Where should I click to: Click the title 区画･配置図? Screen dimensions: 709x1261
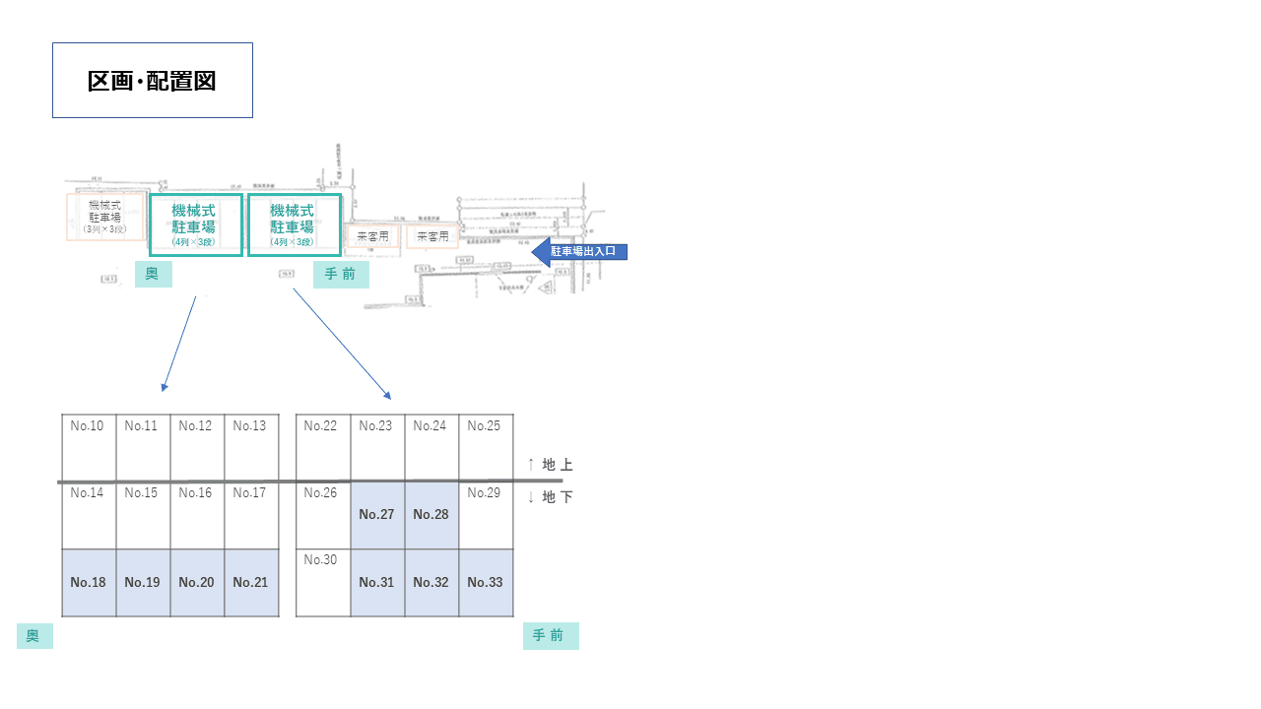152,81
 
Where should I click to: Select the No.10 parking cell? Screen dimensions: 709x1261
89,447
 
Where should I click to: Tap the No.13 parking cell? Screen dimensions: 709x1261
250,447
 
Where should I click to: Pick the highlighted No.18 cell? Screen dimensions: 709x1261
89,582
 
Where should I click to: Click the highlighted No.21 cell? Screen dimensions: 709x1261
250,582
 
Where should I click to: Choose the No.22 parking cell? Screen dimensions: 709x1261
322,447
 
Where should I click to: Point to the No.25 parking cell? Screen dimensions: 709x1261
485,447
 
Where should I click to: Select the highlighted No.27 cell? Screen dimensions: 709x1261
376,514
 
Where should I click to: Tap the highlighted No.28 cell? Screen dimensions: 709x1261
431,514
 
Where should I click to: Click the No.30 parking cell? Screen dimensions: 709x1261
322,582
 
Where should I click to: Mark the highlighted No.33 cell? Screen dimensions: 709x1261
485,582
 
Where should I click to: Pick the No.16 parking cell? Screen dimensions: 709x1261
196,514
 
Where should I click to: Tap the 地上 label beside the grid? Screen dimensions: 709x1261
551,465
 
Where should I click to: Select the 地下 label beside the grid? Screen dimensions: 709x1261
551,497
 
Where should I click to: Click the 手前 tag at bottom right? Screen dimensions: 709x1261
550,636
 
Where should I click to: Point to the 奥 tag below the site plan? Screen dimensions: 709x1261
153,274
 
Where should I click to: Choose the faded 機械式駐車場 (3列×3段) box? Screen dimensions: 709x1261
104,217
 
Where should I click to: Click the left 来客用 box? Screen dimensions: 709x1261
373,236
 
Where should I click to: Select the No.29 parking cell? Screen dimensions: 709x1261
485,514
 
